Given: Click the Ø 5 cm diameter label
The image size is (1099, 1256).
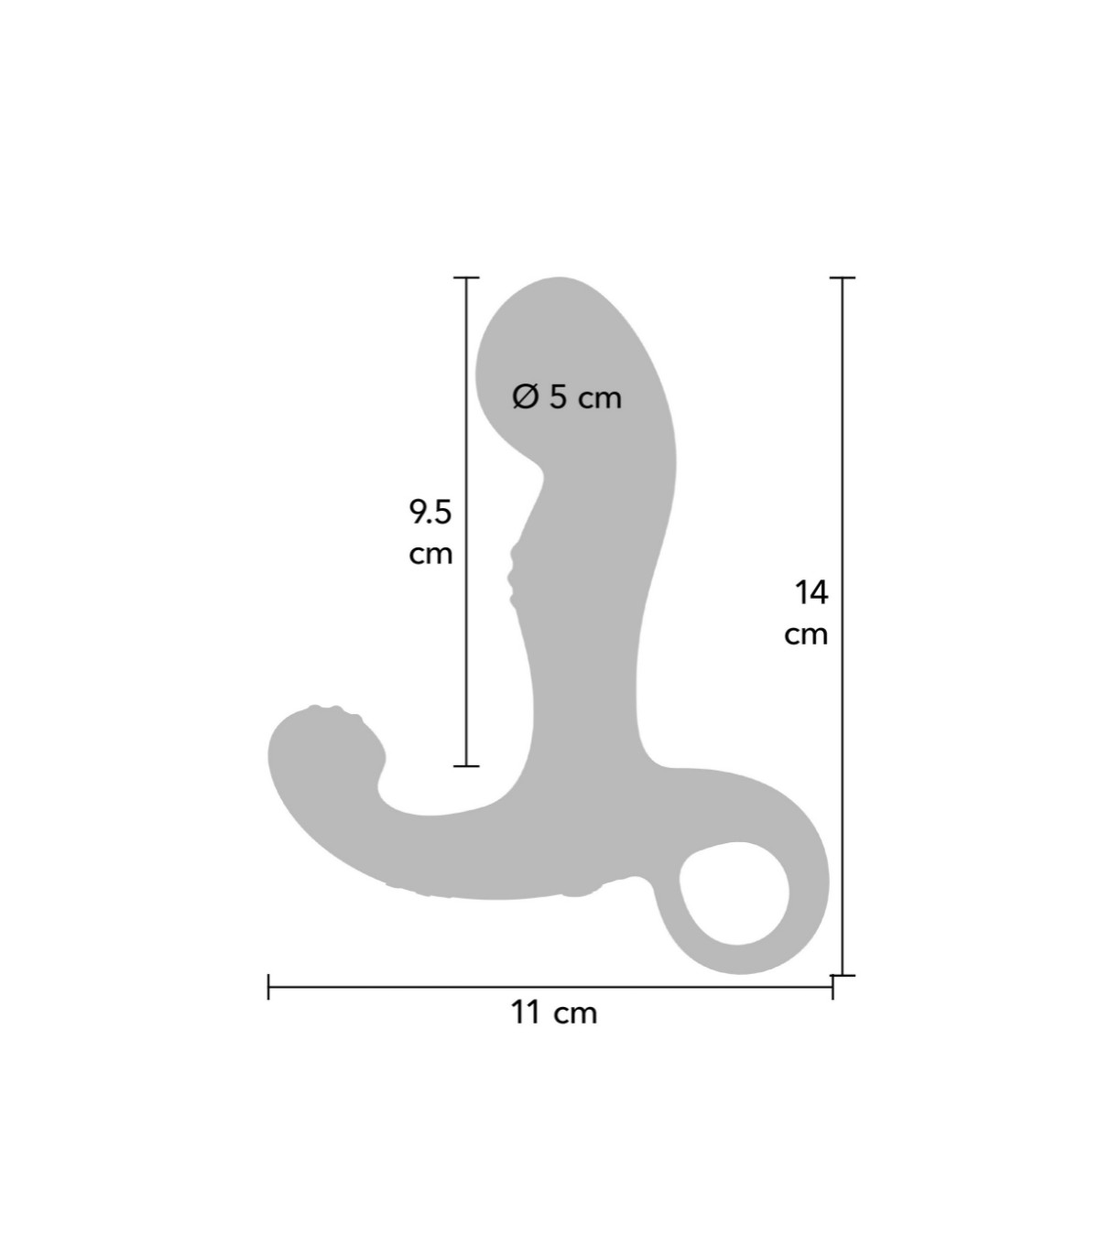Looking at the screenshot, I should point(567,396).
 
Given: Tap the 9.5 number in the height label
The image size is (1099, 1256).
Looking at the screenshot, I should point(430,512).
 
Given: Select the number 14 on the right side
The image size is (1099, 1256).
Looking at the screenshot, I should point(811,592).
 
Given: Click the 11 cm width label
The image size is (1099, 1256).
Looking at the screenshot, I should point(553,1012).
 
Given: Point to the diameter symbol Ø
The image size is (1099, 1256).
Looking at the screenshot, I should point(525,396).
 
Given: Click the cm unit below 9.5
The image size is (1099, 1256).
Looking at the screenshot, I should point(430,554).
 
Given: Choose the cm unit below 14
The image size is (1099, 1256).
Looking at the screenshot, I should point(806,633).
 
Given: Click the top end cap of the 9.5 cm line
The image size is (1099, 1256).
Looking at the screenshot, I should point(467,277).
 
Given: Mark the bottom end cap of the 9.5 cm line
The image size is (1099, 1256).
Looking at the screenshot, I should point(467,765).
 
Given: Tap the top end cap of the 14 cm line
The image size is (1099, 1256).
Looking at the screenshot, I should point(843,277).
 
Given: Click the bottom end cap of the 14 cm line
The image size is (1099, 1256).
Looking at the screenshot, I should point(843,975).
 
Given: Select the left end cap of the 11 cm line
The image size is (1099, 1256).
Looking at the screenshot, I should point(268,987).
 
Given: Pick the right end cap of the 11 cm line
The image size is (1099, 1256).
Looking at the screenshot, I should point(832,987).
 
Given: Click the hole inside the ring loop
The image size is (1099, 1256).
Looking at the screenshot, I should point(734,893).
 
